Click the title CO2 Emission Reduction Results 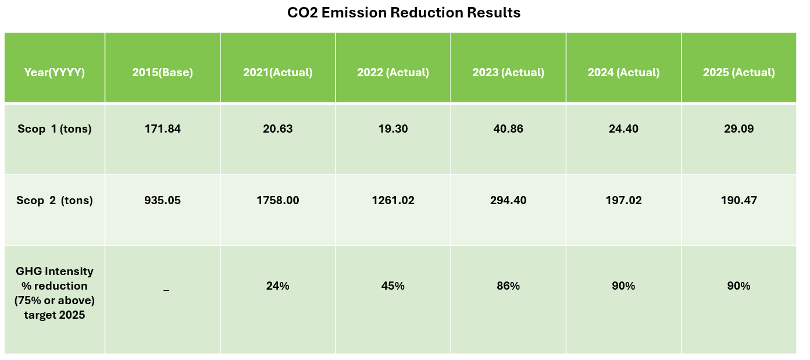pyautogui.click(x=404, y=13)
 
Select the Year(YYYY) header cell pyautogui.click(x=55, y=73)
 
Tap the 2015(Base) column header pyautogui.click(x=162, y=73)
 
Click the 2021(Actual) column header pyautogui.click(x=277, y=73)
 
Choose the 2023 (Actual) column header pyautogui.click(x=508, y=73)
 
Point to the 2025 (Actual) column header pyautogui.click(x=738, y=73)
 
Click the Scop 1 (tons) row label pyautogui.click(x=55, y=129)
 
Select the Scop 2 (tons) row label pyautogui.click(x=55, y=201)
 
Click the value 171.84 pyautogui.click(x=162, y=129)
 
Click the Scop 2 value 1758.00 pyautogui.click(x=277, y=201)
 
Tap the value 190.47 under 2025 pyautogui.click(x=738, y=201)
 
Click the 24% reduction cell pyautogui.click(x=277, y=286)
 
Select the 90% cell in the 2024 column pyautogui.click(x=623, y=286)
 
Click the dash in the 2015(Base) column pyautogui.click(x=166, y=289)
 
